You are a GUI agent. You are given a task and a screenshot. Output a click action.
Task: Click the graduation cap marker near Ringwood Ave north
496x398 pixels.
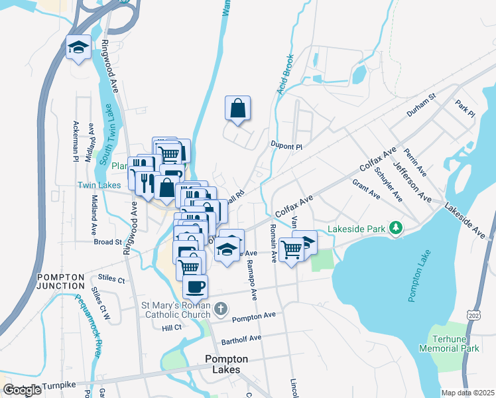[x=79, y=48]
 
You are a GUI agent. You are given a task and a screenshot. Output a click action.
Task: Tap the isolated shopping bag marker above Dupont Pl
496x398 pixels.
[x=238, y=107]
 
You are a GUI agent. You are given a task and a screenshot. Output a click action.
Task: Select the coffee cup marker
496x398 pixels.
[x=195, y=287]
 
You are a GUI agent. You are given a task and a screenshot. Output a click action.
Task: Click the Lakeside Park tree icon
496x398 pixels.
[x=396, y=228]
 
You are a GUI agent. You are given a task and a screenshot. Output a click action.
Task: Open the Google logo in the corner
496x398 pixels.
[x=22, y=389]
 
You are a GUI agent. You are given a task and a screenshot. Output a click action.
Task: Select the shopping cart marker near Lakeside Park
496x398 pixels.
[x=291, y=249]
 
